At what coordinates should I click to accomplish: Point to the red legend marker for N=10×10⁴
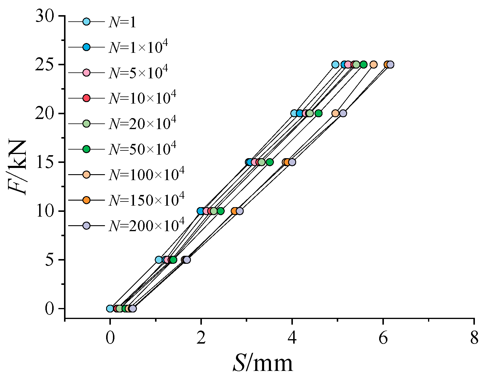point(86,98)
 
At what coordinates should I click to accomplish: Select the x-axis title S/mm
point(263,363)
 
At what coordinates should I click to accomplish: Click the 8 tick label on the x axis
point(474,338)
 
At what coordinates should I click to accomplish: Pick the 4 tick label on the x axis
point(292,338)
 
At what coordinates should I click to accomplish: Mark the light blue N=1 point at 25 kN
point(335,64)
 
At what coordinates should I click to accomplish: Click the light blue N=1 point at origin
point(110,309)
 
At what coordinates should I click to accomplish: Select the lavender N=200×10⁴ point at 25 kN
point(390,64)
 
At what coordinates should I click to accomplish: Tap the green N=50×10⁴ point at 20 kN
point(319,113)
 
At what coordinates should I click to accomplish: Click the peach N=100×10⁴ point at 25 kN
point(374,64)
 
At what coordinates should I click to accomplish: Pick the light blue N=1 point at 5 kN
point(159,260)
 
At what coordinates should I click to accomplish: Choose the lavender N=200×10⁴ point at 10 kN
point(240,211)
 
